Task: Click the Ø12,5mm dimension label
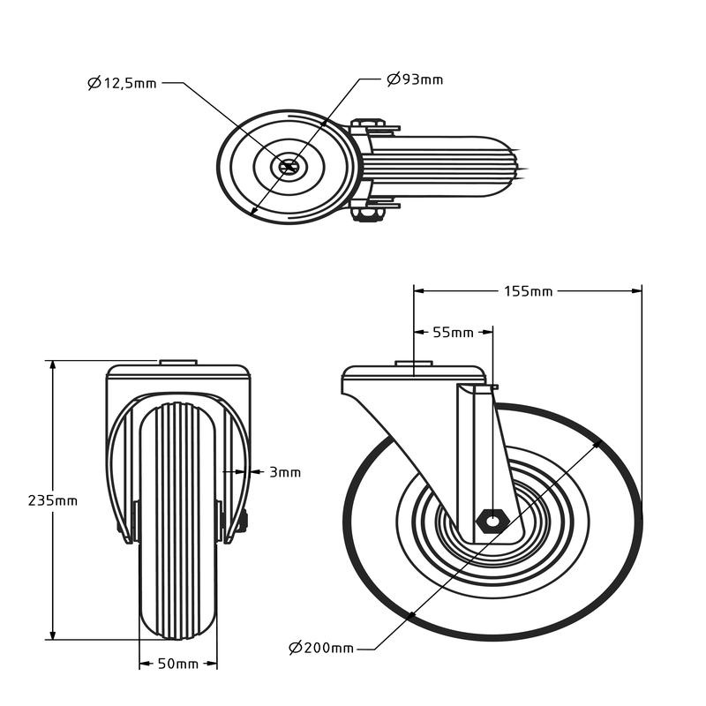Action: (x=123, y=83)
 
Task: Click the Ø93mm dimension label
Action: (x=415, y=79)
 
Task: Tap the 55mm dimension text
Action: (x=453, y=333)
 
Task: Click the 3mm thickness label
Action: (x=285, y=472)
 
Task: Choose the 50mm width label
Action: (x=179, y=663)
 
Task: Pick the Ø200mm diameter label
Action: (x=321, y=648)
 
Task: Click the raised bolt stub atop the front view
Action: (x=177, y=361)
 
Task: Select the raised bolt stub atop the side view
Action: (x=413, y=363)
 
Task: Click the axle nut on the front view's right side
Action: (x=243, y=521)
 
